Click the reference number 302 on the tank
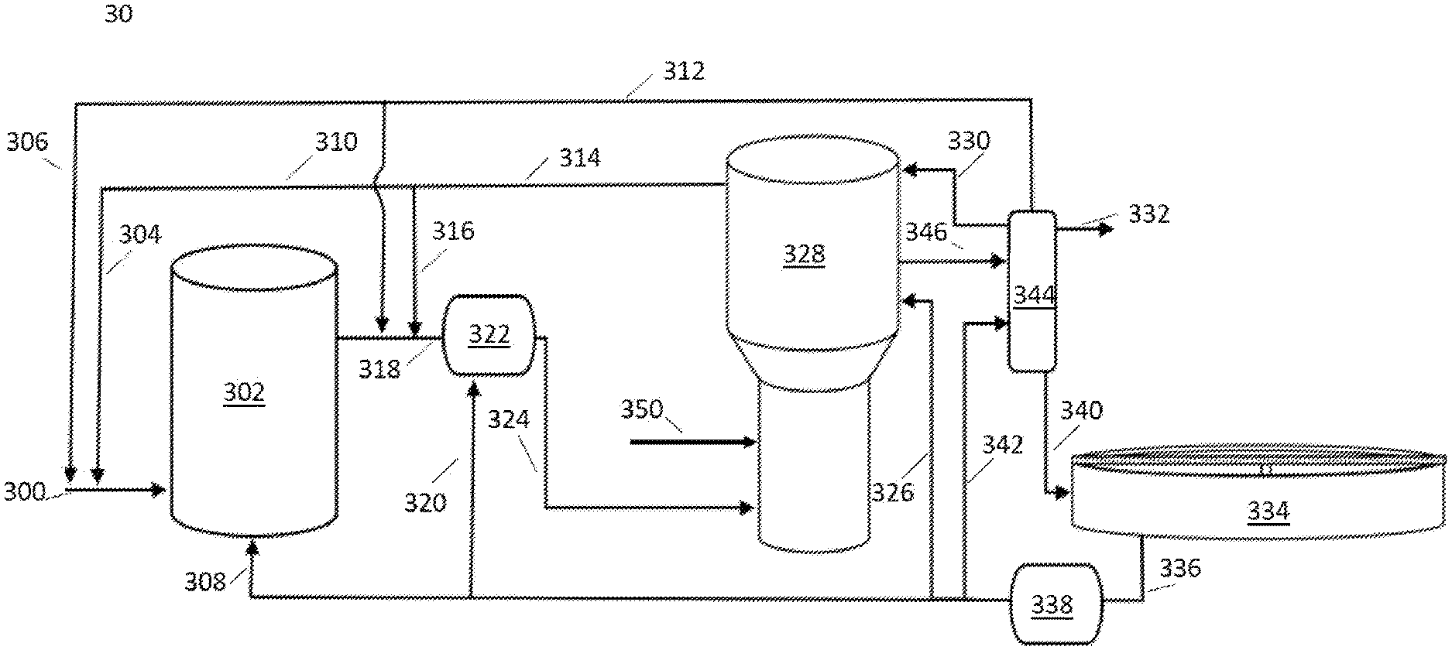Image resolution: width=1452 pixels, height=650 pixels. pyautogui.click(x=244, y=392)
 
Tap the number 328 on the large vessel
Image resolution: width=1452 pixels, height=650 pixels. pyautogui.click(x=805, y=254)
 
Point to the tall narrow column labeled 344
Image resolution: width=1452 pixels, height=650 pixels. pyautogui.click(x=1032, y=290)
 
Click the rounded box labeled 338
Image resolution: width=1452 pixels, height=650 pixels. pyautogui.click(x=1053, y=604)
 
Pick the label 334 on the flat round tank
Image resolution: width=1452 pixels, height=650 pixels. pyautogui.click(x=1268, y=511)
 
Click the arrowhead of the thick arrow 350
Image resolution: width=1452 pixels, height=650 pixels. pyautogui.click(x=749, y=442)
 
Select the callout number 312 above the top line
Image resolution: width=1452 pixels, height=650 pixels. pyautogui.click(x=683, y=71)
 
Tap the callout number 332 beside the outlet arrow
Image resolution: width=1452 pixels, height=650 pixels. pyautogui.click(x=1148, y=214)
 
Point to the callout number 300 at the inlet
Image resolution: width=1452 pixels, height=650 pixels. pyautogui.click(x=26, y=492)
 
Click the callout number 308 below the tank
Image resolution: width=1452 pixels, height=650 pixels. pyautogui.click(x=205, y=581)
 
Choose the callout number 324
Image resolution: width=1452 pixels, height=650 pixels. pyautogui.click(x=509, y=419)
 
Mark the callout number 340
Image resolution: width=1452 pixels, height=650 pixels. pyautogui.click(x=1081, y=410)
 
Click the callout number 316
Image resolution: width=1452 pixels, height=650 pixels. pyautogui.click(x=453, y=231)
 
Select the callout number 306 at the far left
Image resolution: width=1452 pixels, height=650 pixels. pyautogui.click(x=27, y=142)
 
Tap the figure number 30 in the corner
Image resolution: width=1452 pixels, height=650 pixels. pyautogui.click(x=118, y=14)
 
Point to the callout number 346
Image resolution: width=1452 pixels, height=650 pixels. pyautogui.click(x=926, y=231)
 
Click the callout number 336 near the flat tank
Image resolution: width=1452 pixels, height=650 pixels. pyautogui.click(x=1180, y=569)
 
